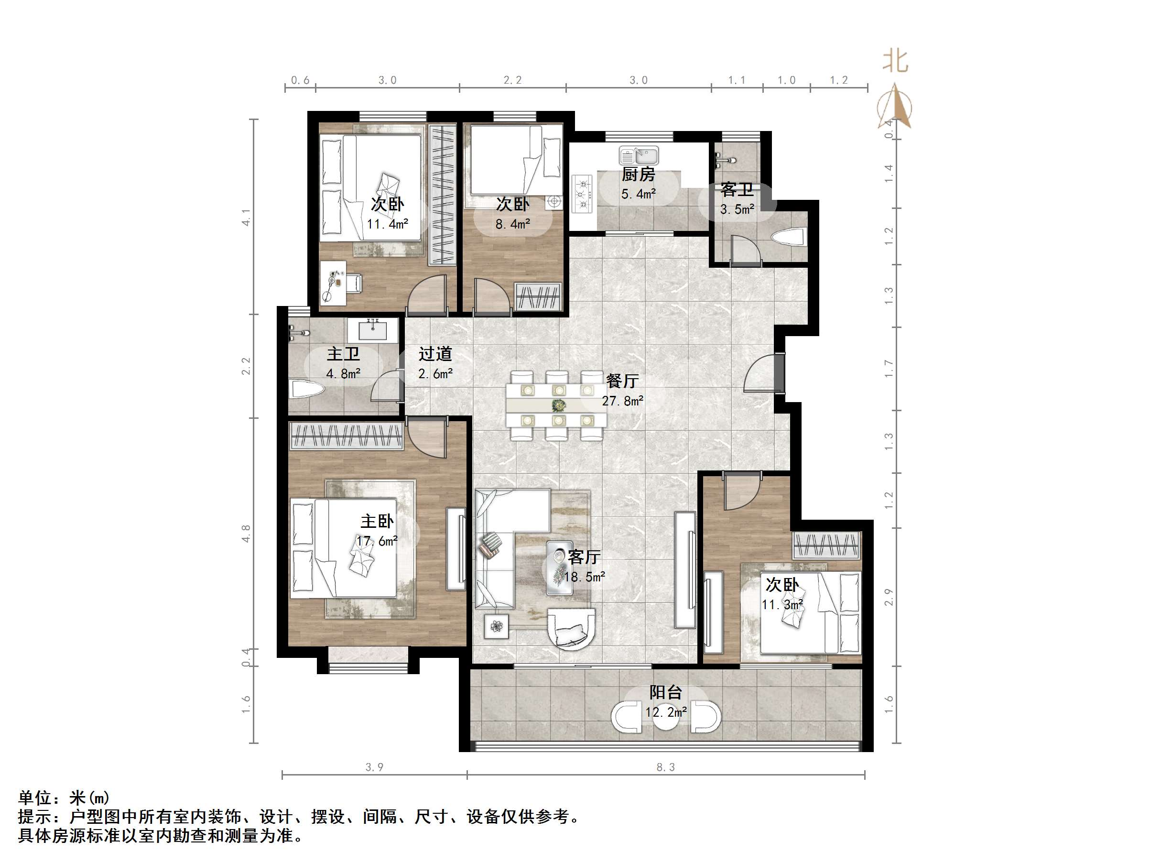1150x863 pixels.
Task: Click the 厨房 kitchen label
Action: tap(638, 174)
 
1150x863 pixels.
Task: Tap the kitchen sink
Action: tap(639, 155)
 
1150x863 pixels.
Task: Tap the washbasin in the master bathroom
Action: tap(373, 330)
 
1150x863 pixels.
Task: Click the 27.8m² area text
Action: tap(622, 401)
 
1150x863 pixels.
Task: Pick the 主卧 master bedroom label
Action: tap(377, 521)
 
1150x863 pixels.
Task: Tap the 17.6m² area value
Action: tap(377, 541)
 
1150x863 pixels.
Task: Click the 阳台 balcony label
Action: tap(665, 692)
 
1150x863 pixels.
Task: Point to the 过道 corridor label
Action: tap(435, 354)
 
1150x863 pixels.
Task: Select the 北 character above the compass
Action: tap(895, 61)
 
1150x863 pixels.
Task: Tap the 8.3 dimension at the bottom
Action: tap(665, 767)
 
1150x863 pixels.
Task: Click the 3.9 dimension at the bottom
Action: tap(374, 767)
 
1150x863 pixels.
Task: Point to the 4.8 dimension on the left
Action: tap(246, 534)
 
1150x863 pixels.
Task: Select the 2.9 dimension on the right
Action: tap(889, 597)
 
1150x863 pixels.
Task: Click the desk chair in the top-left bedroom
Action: tap(354, 283)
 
